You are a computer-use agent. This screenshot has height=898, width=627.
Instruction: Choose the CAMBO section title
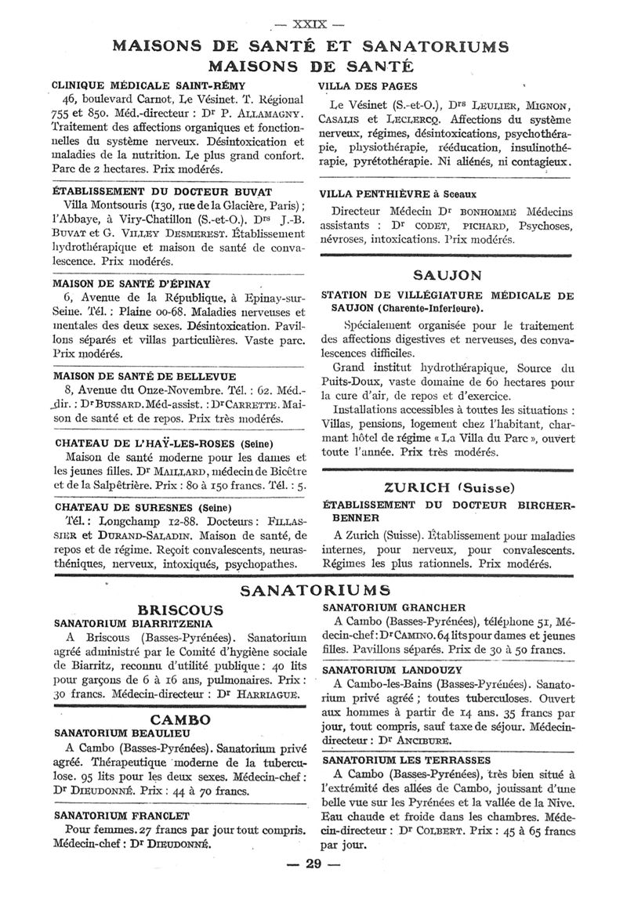click(x=180, y=719)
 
